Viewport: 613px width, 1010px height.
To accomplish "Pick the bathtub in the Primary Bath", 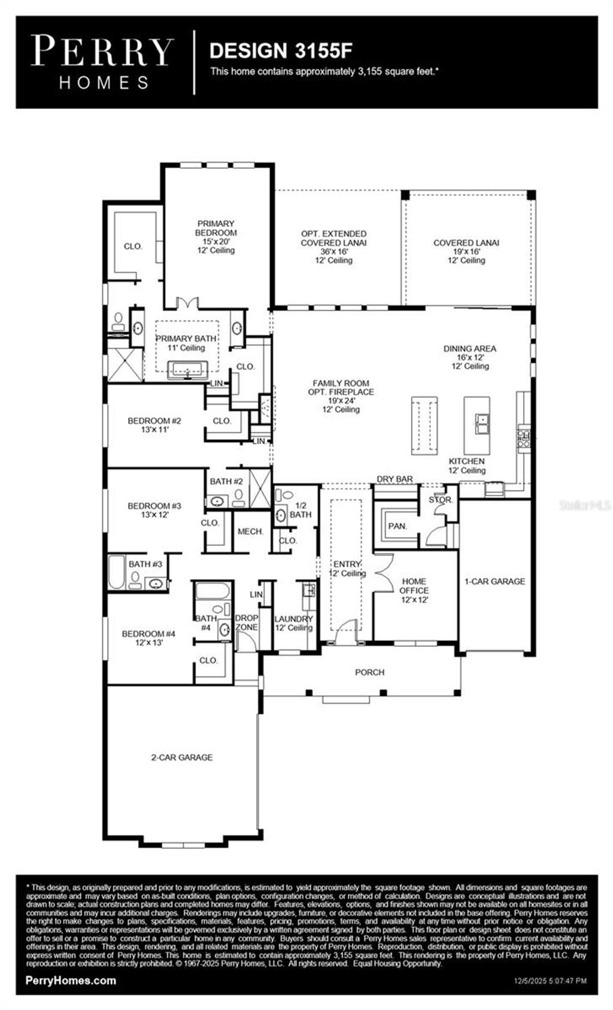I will click(x=187, y=370).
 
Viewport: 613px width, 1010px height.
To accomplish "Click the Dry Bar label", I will click(x=394, y=479).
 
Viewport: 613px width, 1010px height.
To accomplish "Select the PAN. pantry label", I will click(x=397, y=527).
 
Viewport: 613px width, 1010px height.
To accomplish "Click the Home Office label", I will click(x=414, y=590).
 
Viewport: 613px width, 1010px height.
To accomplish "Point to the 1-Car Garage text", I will click(x=494, y=581).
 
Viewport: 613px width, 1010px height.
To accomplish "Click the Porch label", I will click(x=369, y=672).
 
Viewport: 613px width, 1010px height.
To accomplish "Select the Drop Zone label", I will click(x=246, y=622).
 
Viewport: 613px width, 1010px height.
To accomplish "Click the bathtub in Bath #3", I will click(x=116, y=572).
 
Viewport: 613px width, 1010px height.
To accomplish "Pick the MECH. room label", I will click(x=250, y=531).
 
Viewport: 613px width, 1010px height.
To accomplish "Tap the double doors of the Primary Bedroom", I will click(x=190, y=303).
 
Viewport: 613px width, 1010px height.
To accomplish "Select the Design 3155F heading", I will click(x=280, y=51).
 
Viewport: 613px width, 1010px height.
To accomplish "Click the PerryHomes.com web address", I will click(x=71, y=980).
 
